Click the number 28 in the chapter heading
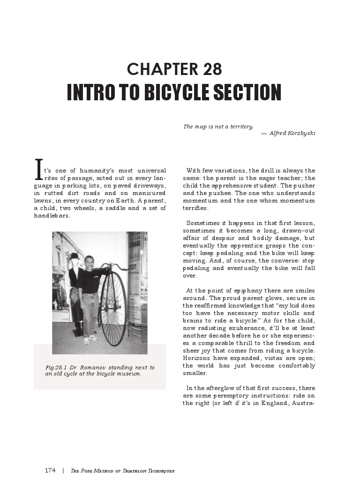click(212, 69)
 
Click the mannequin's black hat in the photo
click(75, 256)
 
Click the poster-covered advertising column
click(137, 281)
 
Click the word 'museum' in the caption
click(130, 374)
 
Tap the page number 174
click(51, 470)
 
